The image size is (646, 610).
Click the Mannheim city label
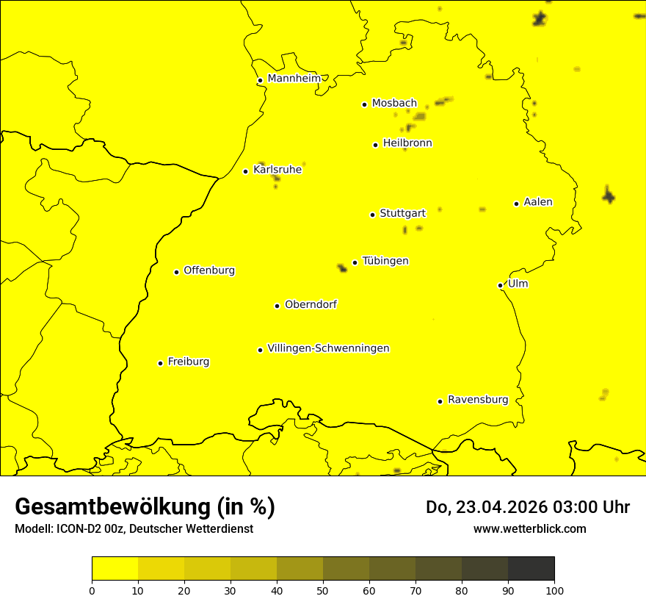pos(294,79)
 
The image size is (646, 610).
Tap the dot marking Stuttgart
pos(372,215)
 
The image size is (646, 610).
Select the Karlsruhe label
pos(277,170)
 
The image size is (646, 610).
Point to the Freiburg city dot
pos(160,363)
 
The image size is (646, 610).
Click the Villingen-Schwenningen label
pos(328,348)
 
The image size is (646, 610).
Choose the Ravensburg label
pos(477,400)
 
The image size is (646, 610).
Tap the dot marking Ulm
pos(500,285)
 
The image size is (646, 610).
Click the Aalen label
pos(538,202)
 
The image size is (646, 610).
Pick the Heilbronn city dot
pos(375,145)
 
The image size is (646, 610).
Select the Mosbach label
pos(394,104)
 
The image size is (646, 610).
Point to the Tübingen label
pos(385,261)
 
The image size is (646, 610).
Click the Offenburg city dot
pos(176,272)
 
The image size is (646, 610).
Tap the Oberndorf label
pos(311,304)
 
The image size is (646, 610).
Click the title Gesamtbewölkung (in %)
pos(145,507)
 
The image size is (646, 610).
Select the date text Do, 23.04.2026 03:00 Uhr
pos(528,507)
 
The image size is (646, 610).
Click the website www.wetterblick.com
pos(529,528)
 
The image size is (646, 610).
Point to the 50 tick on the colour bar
pos(323,590)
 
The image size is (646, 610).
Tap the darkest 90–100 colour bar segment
pos(531,569)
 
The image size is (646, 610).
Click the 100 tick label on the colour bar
pos(554,590)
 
